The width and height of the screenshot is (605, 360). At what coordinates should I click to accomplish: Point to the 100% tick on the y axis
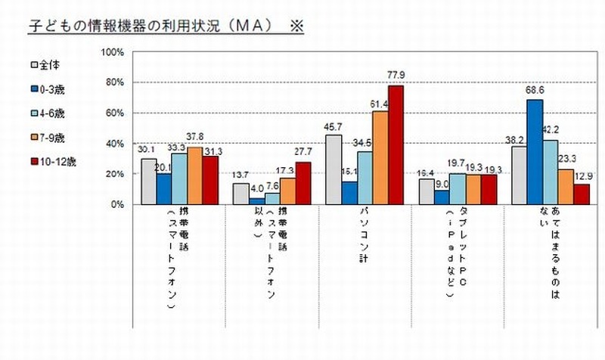pos(111,52)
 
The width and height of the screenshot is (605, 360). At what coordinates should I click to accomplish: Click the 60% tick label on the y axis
pos(113,113)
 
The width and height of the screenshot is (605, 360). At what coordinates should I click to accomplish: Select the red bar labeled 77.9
pos(396,144)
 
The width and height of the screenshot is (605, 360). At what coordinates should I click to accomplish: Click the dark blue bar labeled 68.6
pos(535,152)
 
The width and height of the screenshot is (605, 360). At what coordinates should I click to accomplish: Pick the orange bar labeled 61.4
pos(380,157)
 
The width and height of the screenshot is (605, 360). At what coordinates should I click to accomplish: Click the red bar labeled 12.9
pos(581,194)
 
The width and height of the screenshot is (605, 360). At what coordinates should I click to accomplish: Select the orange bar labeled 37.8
pos(194,175)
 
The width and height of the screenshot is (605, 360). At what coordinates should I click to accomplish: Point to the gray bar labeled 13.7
pos(240,194)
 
